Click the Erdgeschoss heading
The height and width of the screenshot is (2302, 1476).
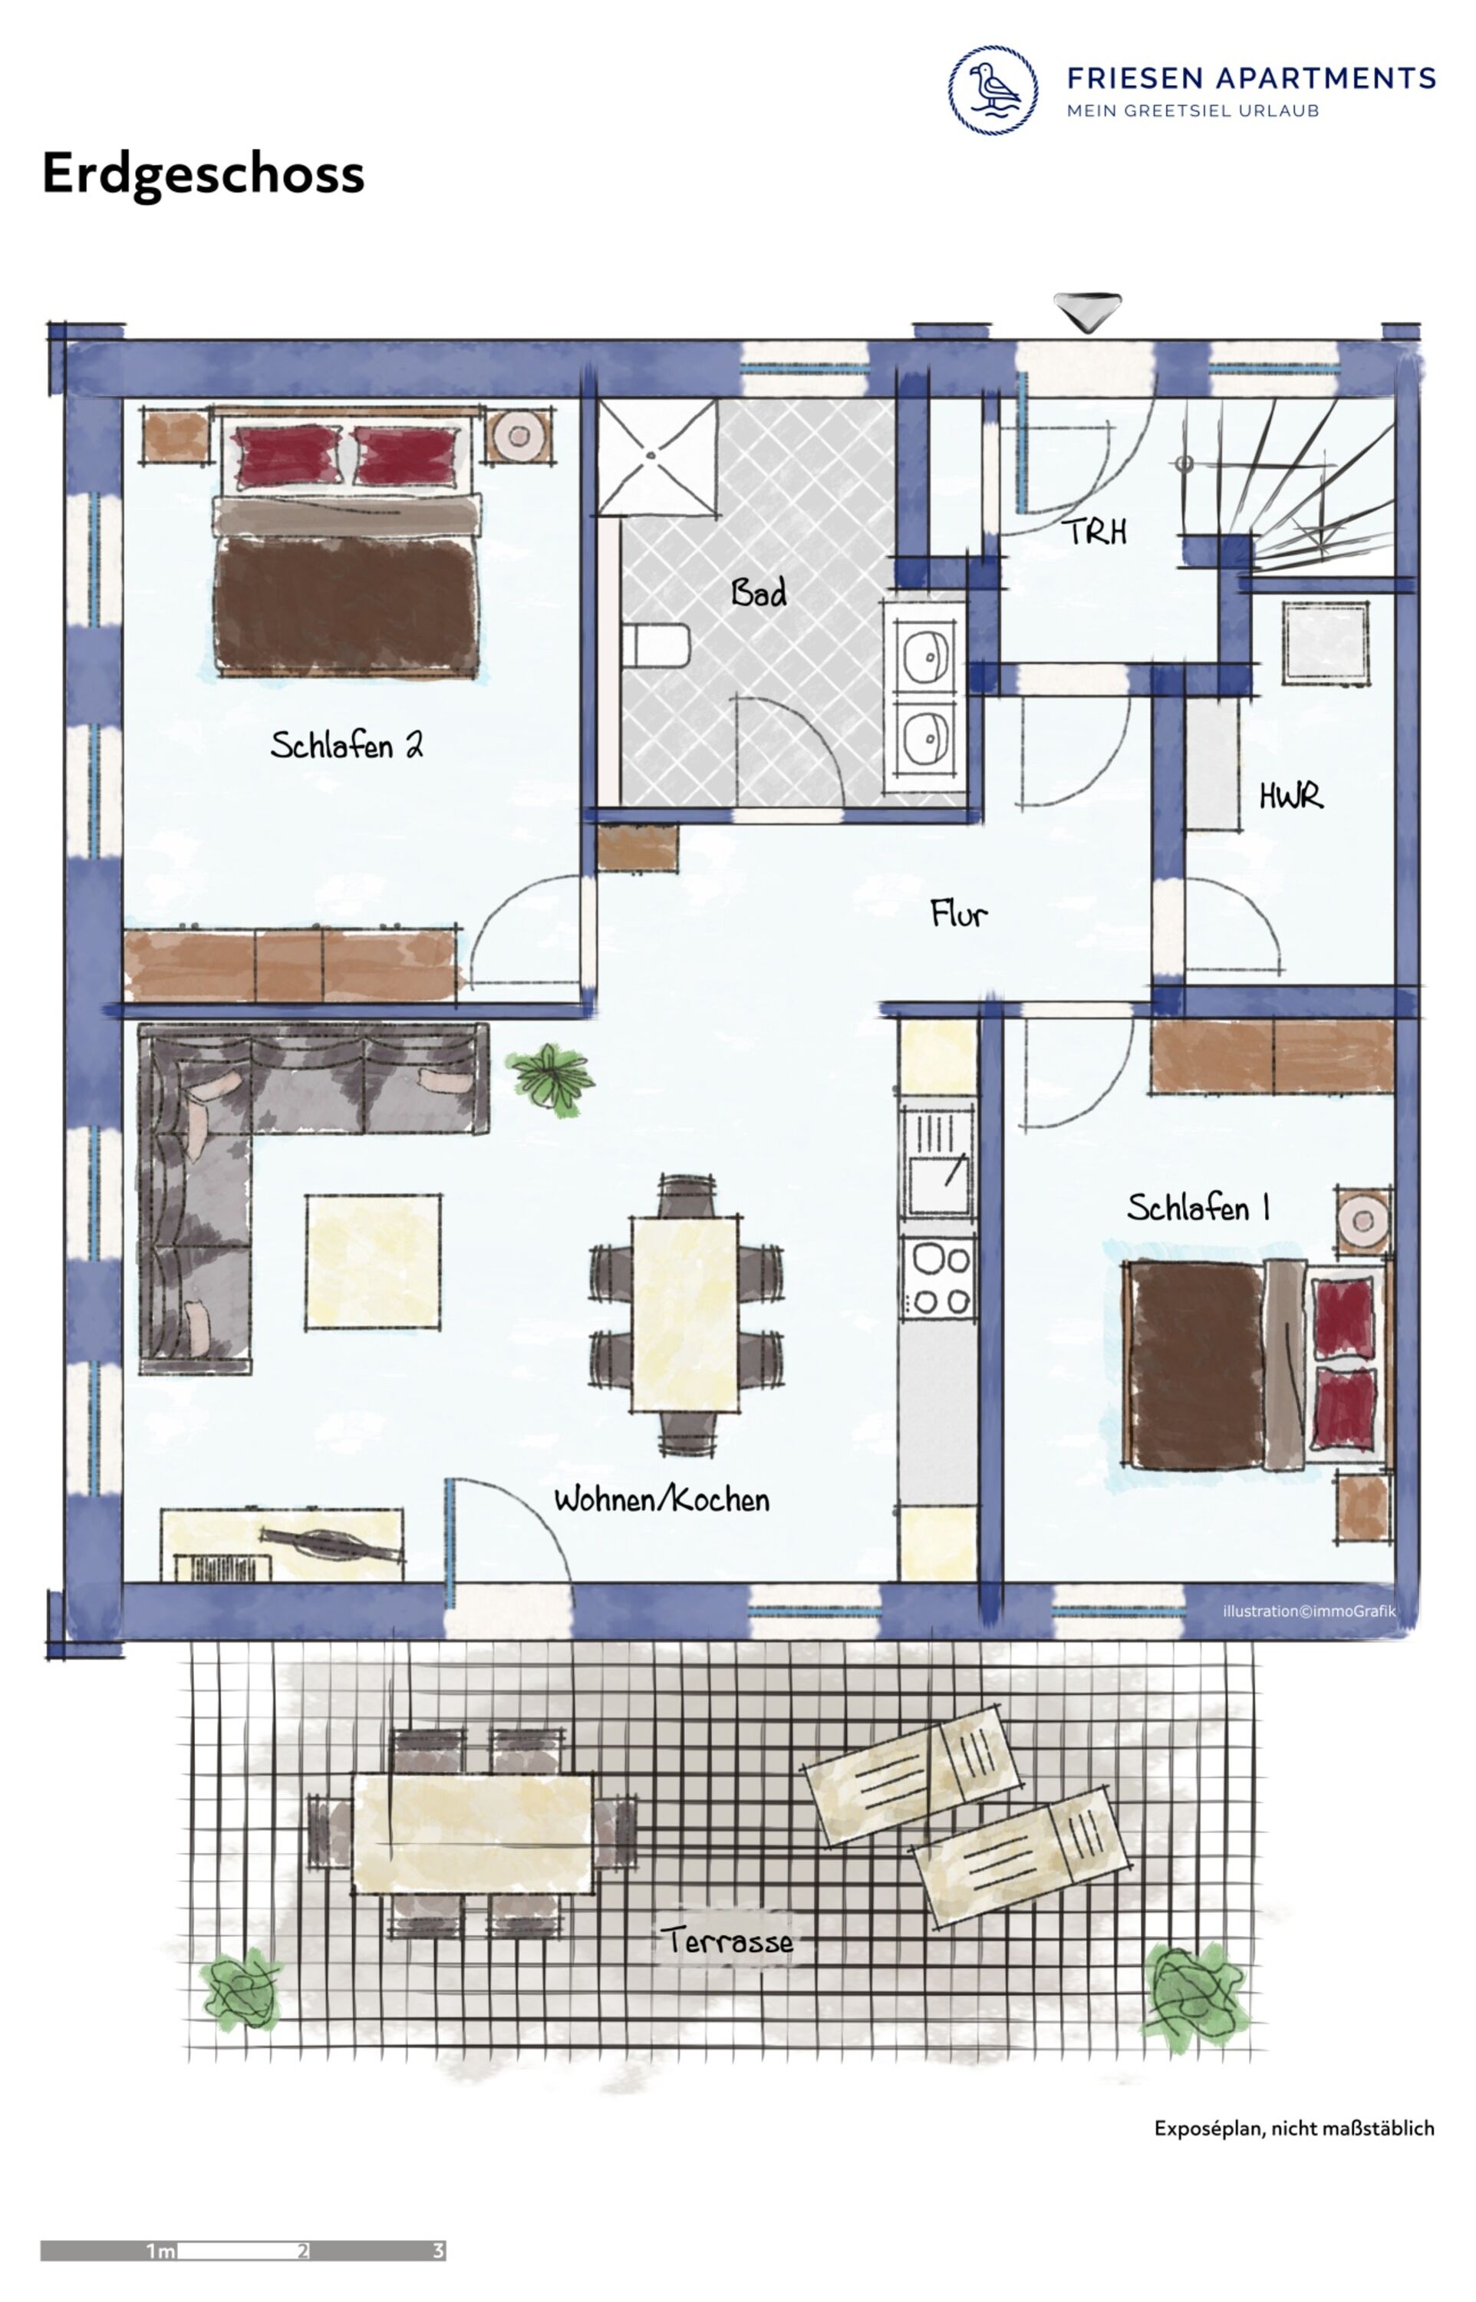pyautogui.click(x=203, y=174)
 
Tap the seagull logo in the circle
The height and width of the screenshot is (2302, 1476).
pyautogui.click(x=993, y=90)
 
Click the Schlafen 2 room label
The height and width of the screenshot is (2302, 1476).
pyautogui.click(x=346, y=744)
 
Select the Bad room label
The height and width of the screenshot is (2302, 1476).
pyautogui.click(x=758, y=592)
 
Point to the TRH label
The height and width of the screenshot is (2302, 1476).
pyautogui.click(x=1094, y=532)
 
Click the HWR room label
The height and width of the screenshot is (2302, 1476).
pyautogui.click(x=1291, y=796)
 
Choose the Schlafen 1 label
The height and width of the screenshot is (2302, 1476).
pyautogui.click(x=1198, y=1208)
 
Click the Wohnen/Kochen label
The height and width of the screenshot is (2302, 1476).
pyautogui.click(x=661, y=1500)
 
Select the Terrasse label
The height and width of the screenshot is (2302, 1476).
pyautogui.click(x=727, y=1941)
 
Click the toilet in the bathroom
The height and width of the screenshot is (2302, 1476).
pyautogui.click(x=656, y=646)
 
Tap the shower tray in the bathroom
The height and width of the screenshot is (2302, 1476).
pyautogui.click(x=657, y=458)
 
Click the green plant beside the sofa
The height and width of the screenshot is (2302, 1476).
pyautogui.click(x=550, y=1078)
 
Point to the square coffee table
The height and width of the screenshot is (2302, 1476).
pyautogui.click(x=373, y=1262)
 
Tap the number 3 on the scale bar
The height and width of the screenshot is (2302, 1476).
pyautogui.click(x=439, y=2251)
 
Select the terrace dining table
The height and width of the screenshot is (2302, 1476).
pyautogui.click(x=472, y=1833)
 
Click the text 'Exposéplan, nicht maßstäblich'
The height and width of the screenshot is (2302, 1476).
pyautogui.click(x=1294, y=2128)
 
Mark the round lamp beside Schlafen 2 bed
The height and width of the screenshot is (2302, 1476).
pyautogui.click(x=519, y=436)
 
